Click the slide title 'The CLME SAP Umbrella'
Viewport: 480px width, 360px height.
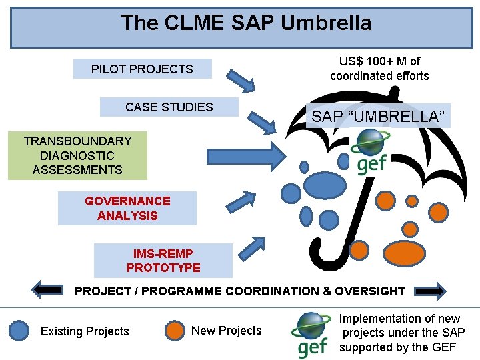click(246, 23)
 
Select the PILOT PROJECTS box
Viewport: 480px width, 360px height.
click(142, 69)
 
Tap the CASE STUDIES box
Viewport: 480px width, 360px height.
click(169, 107)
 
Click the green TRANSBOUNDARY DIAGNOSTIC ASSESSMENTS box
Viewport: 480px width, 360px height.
click(77, 155)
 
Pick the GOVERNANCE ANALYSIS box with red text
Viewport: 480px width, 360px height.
click(127, 208)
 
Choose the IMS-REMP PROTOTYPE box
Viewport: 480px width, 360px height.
click(163, 261)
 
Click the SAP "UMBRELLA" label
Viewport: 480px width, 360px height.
click(378, 116)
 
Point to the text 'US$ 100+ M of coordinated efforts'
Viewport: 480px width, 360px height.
click(379, 69)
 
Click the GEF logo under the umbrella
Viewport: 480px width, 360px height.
click(371, 151)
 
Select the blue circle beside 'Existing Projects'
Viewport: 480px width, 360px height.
click(19, 331)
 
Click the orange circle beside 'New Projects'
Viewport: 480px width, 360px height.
click(175, 331)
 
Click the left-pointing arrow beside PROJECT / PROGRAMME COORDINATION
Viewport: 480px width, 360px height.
click(47, 290)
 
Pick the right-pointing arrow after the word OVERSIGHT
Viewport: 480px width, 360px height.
click(430, 290)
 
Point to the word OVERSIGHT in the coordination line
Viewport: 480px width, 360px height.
click(371, 291)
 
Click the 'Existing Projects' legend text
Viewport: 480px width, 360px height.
click(85, 331)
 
